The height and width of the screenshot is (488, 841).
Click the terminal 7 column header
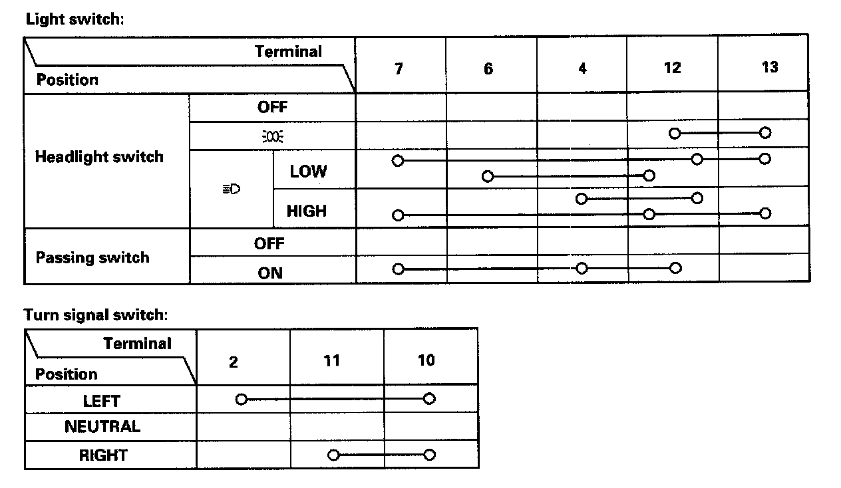point(399,68)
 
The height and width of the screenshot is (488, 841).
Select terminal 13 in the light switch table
point(769,67)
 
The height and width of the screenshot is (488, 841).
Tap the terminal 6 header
point(488,69)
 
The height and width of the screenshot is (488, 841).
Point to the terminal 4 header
point(582,68)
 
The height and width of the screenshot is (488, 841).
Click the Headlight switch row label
point(99,158)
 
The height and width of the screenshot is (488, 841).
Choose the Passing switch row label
point(92,257)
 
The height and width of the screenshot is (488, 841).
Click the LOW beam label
point(308,172)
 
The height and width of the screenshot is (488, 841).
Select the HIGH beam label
point(306,211)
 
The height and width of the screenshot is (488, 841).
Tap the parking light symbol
point(272,137)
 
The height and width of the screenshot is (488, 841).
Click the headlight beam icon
point(231,189)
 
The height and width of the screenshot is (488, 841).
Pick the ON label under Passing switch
point(270,273)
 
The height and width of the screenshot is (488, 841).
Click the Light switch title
point(75,19)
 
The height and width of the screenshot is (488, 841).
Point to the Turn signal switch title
point(96,314)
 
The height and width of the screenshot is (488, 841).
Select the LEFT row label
point(102,401)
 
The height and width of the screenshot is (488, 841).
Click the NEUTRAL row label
point(102,426)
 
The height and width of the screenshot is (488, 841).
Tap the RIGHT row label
point(103,455)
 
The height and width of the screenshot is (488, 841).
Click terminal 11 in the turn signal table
point(332,360)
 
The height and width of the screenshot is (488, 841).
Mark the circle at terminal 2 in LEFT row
point(241,399)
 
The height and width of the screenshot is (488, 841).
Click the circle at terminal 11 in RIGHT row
point(333,455)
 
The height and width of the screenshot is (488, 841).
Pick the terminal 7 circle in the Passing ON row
point(398,269)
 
